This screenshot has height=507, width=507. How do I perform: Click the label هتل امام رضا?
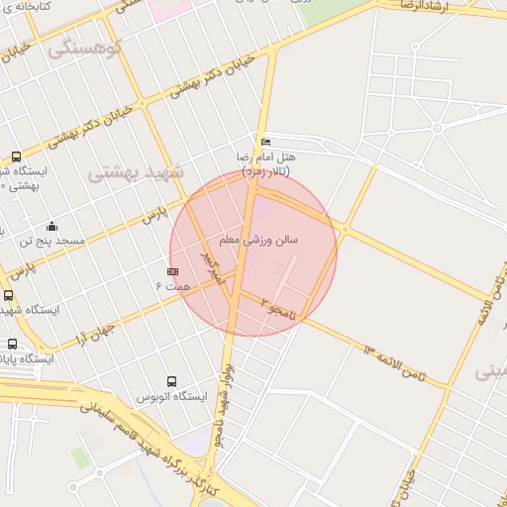(266, 157)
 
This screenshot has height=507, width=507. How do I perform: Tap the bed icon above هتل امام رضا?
(263, 143)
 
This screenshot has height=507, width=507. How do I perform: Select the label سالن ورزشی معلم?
(259, 240)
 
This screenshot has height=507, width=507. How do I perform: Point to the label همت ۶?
(172, 285)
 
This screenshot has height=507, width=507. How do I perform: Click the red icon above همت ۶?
(172, 270)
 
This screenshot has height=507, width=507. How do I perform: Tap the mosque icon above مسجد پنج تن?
(51, 226)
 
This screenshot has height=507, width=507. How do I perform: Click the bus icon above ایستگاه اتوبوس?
(171, 381)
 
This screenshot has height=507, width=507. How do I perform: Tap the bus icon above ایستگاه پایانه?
(12, 345)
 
